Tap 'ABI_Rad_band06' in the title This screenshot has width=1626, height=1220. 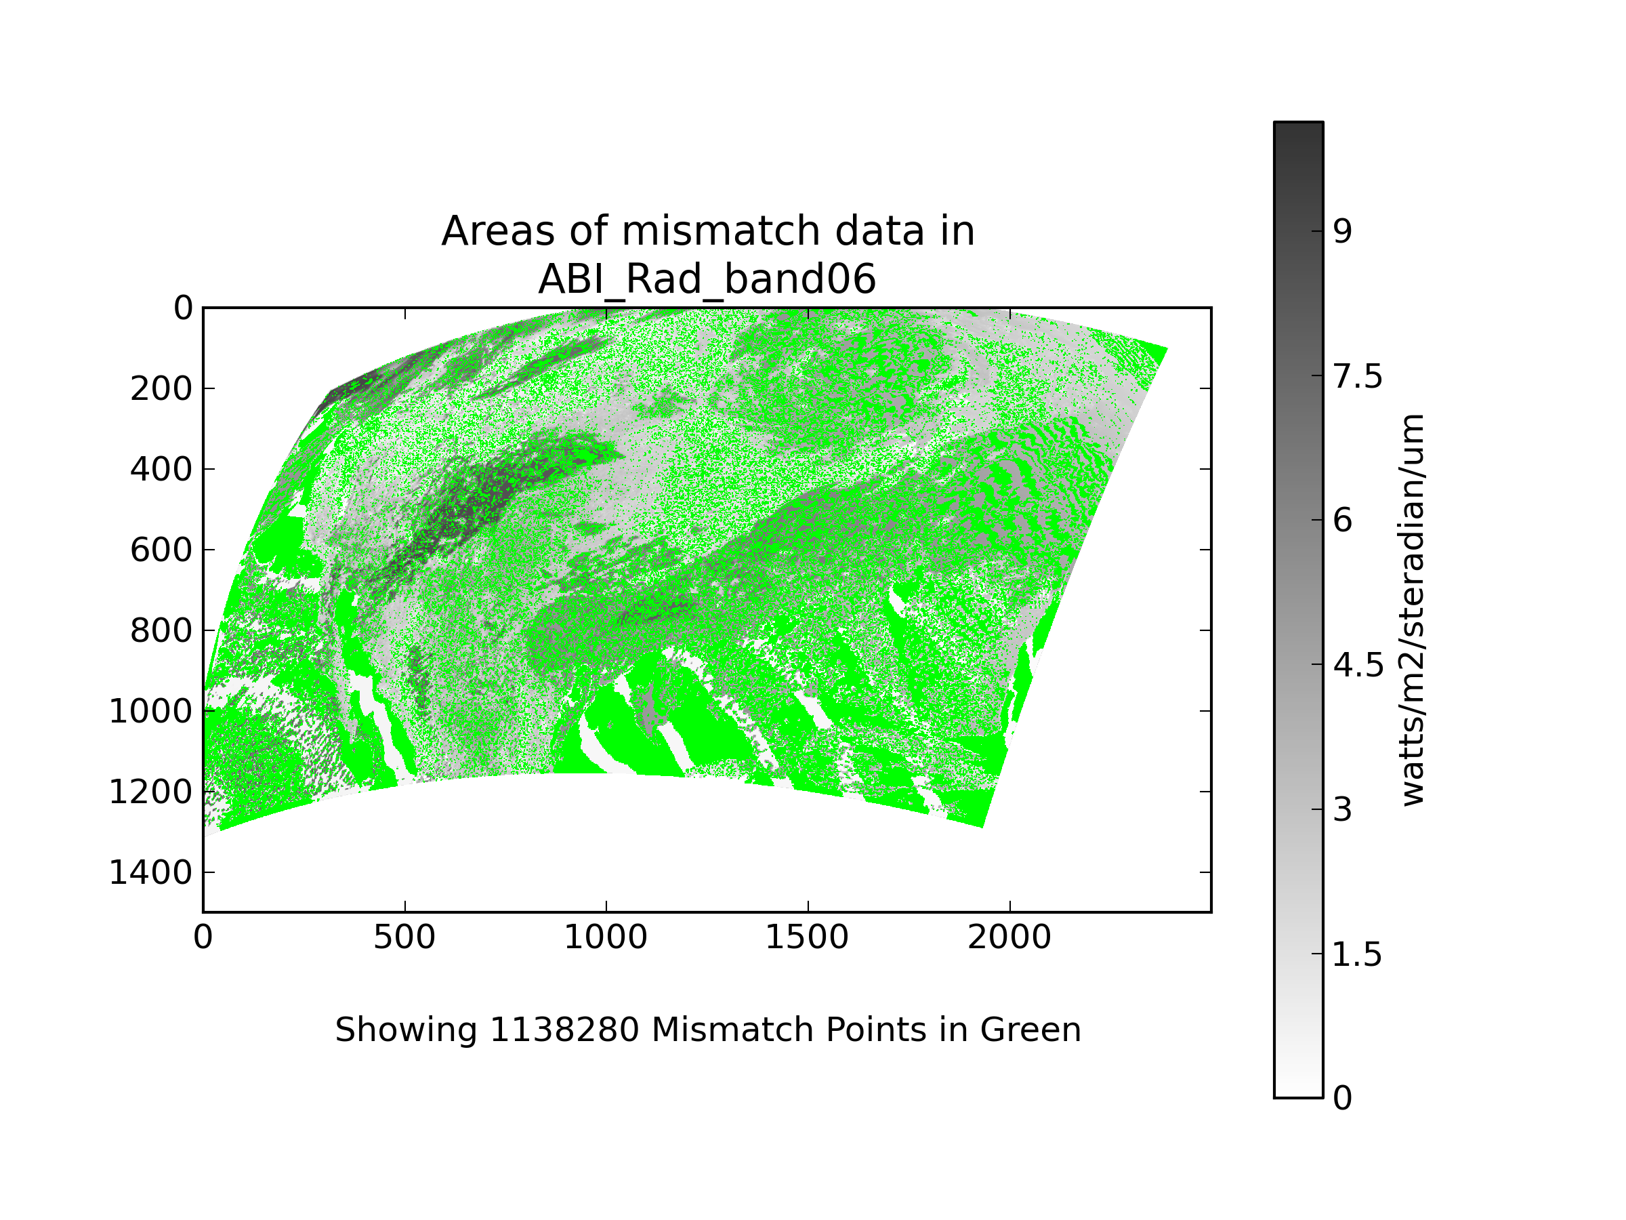(707, 279)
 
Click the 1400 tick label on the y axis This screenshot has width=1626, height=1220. (150, 873)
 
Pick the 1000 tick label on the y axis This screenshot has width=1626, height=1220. (150, 712)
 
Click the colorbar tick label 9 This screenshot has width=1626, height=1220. (1342, 232)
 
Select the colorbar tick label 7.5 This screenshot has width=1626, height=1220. (1357, 378)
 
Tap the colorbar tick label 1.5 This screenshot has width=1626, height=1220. (1357, 955)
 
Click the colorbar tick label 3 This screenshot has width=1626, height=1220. (1342, 811)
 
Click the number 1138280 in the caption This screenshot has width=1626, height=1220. (564, 1030)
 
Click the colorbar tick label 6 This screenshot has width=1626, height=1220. (1342, 521)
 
